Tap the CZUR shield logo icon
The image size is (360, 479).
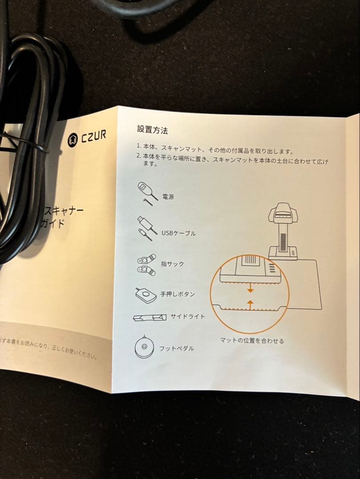[x=73, y=140]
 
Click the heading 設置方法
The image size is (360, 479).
[x=152, y=130]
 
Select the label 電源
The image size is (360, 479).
[x=168, y=196]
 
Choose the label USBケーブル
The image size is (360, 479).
[x=178, y=233]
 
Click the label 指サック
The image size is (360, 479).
[x=172, y=264]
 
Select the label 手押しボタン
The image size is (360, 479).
[x=177, y=294]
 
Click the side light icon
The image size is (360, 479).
[x=149, y=318]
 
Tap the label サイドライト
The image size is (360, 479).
[x=188, y=317]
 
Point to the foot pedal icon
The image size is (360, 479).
[x=144, y=346]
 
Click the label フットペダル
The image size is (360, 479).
[x=177, y=349]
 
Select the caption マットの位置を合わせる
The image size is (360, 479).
[x=252, y=341]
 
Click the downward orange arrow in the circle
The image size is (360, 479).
[x=250, y=289]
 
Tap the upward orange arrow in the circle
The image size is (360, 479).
[x=250, y=303]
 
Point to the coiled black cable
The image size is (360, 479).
[x=31, y=146]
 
